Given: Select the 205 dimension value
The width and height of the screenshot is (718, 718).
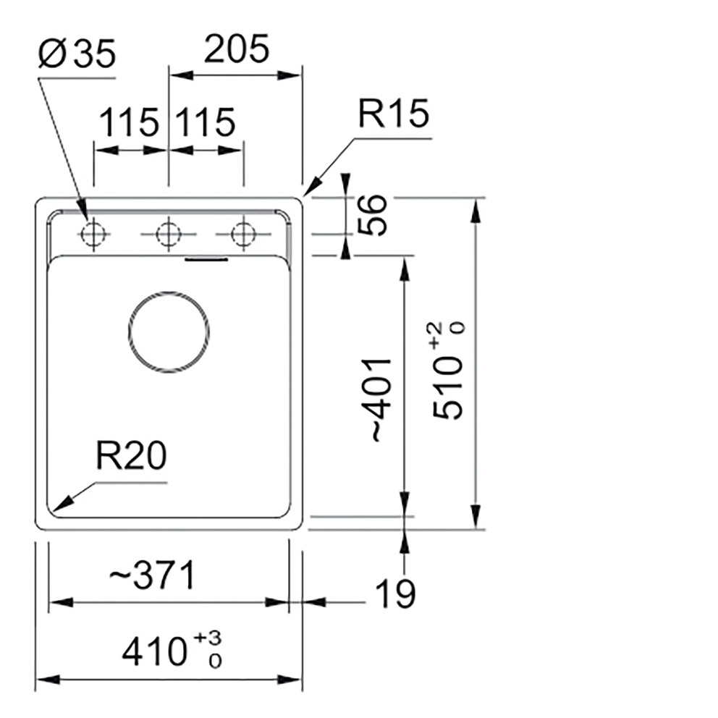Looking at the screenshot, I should [235, 50].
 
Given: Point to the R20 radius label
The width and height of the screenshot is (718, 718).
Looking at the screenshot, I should [130, 457].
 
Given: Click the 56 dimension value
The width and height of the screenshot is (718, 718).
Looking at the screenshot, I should [374, 215].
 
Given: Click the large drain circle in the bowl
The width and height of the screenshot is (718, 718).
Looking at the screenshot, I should [169, 331].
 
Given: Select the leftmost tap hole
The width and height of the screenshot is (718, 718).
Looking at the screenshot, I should [93, 235].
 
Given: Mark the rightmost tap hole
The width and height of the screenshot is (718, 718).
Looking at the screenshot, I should [242, 235].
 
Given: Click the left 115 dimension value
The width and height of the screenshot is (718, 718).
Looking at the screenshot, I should [128, 122].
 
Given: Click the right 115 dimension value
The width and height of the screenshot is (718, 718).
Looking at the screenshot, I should [206, 122].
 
